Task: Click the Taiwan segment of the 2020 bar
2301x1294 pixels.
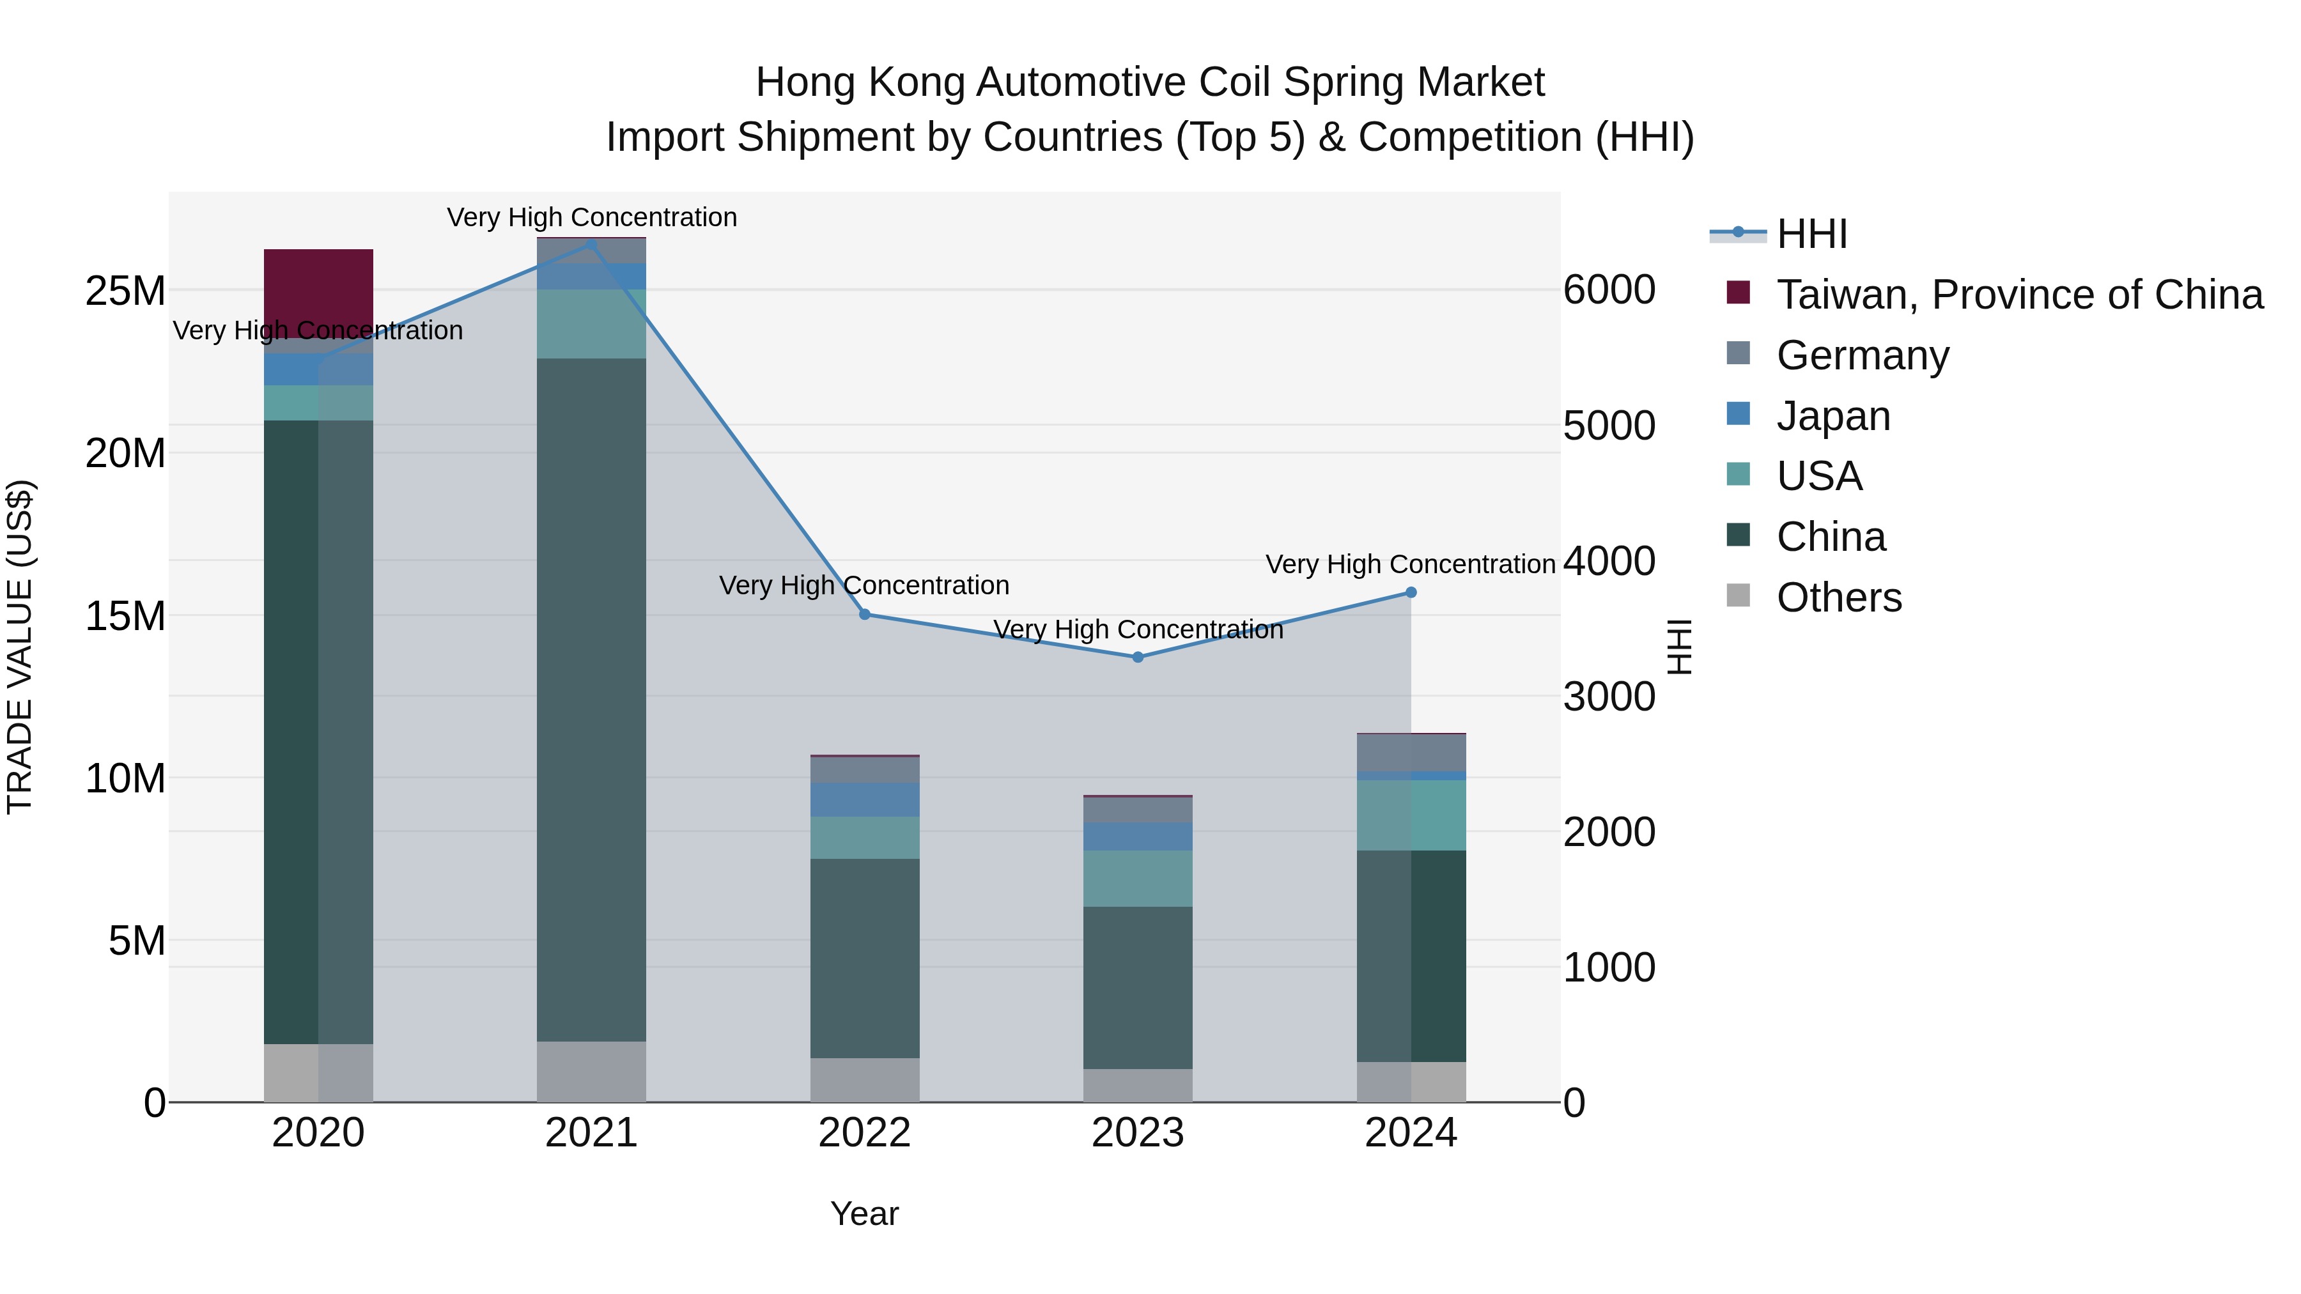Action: point(318,286)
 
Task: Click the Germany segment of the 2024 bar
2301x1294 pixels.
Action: point(1411,753)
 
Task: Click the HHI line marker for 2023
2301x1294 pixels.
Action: point(1137,658)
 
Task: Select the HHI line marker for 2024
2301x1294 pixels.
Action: point(1411,592)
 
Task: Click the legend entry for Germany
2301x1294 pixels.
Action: point(1863,355)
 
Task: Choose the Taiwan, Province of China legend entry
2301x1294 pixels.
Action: point(2018,295)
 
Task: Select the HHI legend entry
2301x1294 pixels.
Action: point(1811,234)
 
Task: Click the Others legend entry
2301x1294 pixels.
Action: point(1838,597)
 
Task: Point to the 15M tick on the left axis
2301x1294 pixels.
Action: point(125,616)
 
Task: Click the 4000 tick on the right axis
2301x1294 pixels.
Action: point(1609,561)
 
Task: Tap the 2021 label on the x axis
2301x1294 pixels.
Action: point(591,1133)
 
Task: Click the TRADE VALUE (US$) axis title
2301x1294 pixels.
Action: point(20,647)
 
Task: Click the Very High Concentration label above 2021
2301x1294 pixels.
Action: point(591,217)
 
